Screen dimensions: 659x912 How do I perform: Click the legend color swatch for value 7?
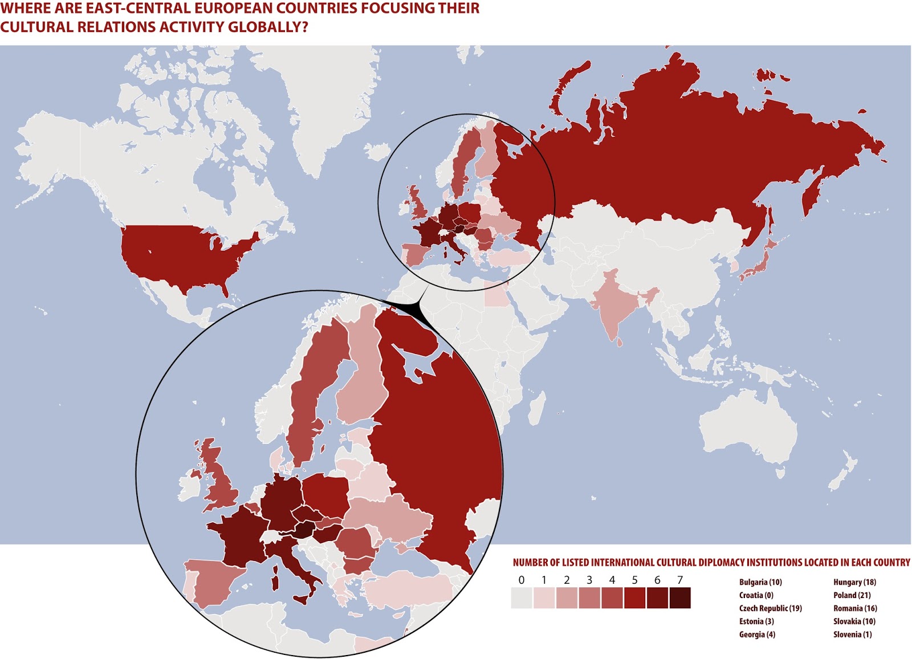(679, 598)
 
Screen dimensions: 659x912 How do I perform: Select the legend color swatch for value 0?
(522, 598)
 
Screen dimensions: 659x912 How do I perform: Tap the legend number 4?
(612, 580)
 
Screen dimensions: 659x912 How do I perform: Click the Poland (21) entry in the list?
(852, 595)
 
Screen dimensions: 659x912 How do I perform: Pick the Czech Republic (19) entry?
(770, 608)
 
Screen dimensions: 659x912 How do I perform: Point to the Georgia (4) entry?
(757, 634)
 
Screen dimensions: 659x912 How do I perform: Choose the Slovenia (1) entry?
(852, 634)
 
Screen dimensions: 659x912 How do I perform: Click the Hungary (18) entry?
(854, 582)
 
